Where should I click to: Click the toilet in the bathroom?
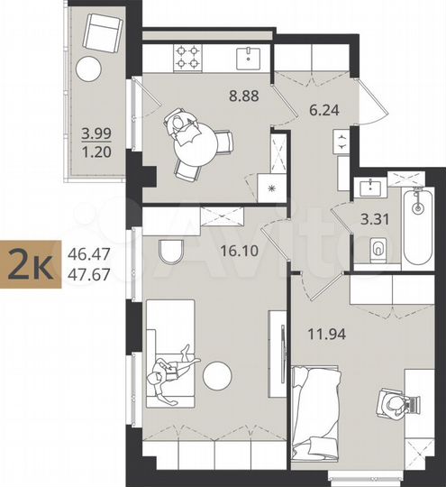coord(378,247)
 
